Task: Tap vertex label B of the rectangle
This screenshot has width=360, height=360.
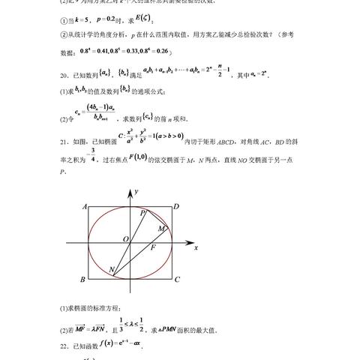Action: click(82, 280)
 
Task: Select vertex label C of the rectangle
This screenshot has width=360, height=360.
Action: click(176, 280)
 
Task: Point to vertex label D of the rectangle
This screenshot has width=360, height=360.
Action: click(175, 207)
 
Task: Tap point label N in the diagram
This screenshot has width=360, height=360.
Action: click(111, 271)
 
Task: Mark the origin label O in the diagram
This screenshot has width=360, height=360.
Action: click(126, 238)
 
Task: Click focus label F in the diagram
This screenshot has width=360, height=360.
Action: click(153, 247)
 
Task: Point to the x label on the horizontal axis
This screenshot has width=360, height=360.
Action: click(195, 247)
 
